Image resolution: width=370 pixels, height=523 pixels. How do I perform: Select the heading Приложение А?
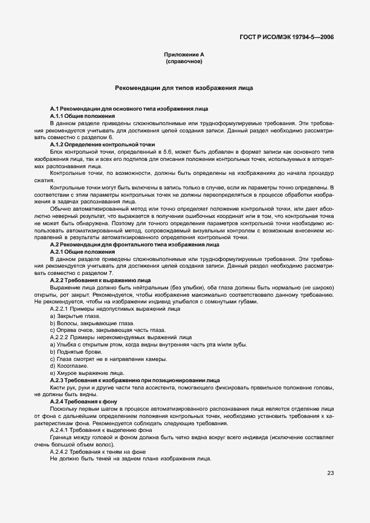(x=184, y=54)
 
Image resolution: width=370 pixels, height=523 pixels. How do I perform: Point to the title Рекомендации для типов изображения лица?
(x=184, y=88)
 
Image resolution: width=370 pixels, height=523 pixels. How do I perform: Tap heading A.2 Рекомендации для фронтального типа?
(x=134, y=244)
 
